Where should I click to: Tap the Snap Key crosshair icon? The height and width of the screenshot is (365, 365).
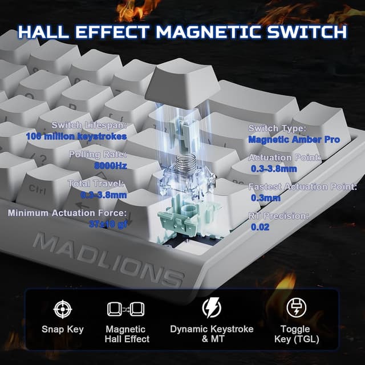coord(62,309)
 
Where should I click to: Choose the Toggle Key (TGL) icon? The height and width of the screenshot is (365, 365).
coord(295,308)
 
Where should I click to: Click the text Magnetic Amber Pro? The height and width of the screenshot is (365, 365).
coord(294,140)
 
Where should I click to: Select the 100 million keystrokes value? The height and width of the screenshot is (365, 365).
coord(76,136)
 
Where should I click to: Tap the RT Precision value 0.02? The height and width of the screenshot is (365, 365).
coord(259,227)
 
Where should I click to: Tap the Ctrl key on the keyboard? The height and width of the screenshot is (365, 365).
coord(37,189)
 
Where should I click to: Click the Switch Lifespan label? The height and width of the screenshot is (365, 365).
coord(89,125)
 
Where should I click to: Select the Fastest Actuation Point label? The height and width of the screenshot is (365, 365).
coord(302,186)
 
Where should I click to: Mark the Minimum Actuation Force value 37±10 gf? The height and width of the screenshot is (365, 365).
coord(108,224)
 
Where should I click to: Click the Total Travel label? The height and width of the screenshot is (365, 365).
coord(96,184)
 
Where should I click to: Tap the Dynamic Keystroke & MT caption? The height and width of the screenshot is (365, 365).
coord(212,334)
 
